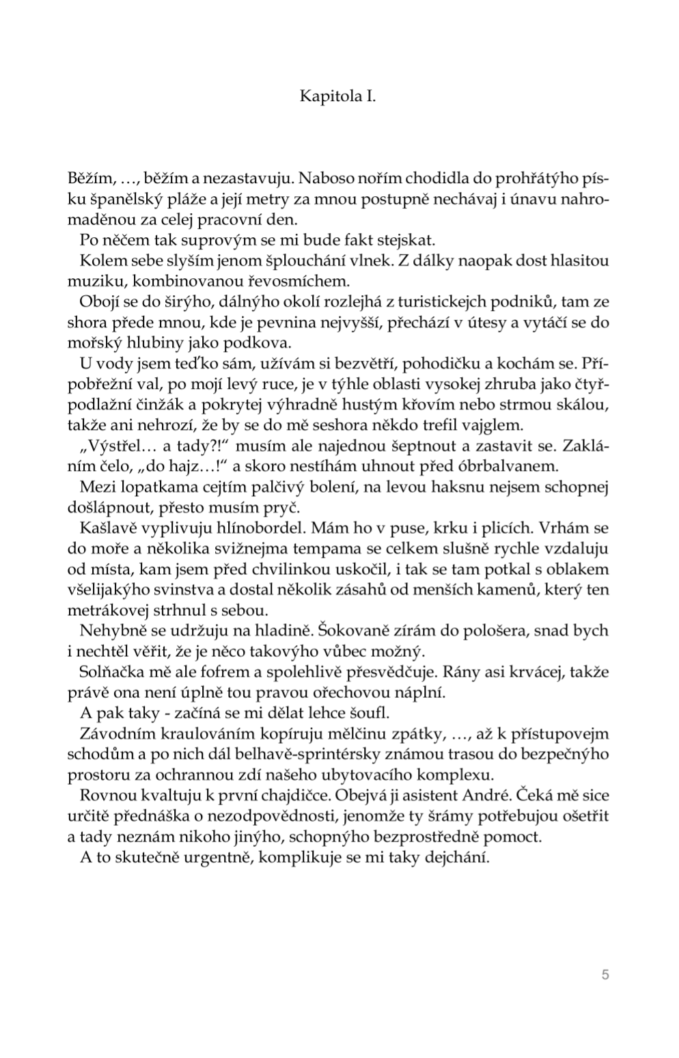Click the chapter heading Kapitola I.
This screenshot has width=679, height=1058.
tap(338, 96)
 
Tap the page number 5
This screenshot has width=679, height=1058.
tap(605, 975)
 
